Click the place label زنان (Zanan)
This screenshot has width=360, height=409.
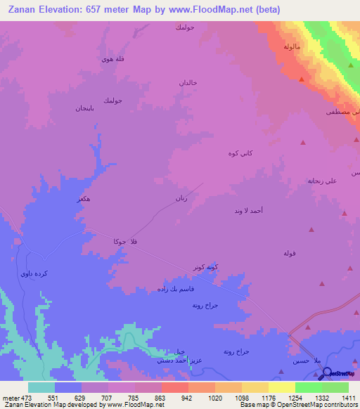coord(181,199)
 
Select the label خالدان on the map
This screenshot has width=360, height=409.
coord(188,83)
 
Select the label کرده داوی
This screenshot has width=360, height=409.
coord(35,273)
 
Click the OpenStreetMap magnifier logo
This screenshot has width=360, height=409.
coord(327,373)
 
